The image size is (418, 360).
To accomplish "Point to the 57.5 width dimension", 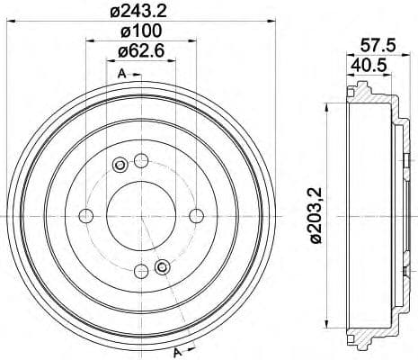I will (371, 43).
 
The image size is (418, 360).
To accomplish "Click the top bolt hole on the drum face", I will (140, 161).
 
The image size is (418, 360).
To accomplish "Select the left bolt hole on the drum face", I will (86, 215).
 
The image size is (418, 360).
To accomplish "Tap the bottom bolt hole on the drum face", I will (140, 269).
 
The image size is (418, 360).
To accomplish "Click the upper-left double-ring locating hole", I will (120, 165).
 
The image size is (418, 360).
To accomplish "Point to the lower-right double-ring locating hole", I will (162, 266).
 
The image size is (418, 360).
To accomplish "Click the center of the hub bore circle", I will (140, 215).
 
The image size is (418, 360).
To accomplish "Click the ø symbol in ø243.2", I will (113, 12).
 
